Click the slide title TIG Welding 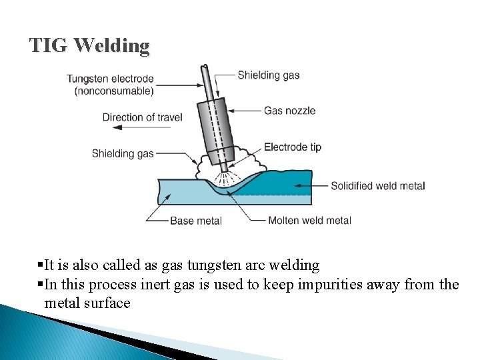coord(89,46)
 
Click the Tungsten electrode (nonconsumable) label coord(110,85)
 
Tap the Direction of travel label coord(142,117)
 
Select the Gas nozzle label coord(289,111)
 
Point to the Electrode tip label coord(293,147)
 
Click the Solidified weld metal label coord(377,186)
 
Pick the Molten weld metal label coord(309,221)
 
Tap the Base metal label coord(196,221)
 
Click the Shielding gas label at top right coord(269,75)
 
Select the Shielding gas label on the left coord(123,153)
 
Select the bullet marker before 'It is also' coord(41,265)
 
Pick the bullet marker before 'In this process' coord(41,285)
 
